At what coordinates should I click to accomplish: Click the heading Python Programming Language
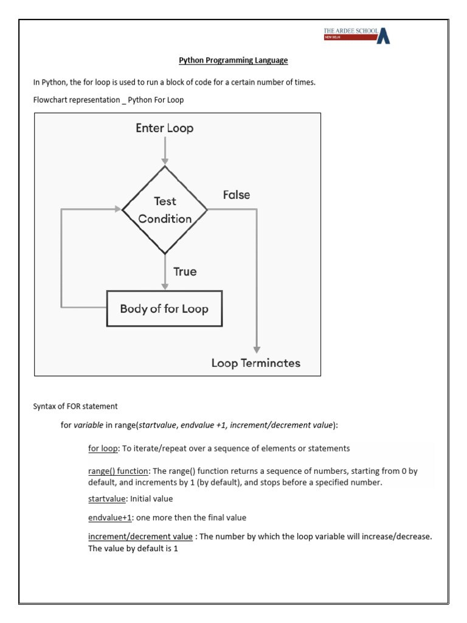click(x=233, y=61)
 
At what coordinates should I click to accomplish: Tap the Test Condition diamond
click(x=165, y=210)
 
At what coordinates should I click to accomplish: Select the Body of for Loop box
click(x=164, y=308)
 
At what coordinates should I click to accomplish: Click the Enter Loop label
click(x=165, y=128)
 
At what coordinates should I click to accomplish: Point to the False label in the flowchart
click(x=236, y=195)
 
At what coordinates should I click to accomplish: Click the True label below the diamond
click(x=185, y=271)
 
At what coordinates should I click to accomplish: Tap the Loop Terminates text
click(x=255, y=363)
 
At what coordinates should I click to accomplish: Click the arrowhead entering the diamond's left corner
click(x=117, y=209)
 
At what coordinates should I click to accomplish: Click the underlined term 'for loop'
click(x=103, y=448)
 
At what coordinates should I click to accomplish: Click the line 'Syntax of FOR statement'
click(x=75, y=406)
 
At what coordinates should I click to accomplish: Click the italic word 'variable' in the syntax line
click(x=88, y=426)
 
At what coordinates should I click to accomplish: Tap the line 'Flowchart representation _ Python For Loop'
click(x=108, y=100)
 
